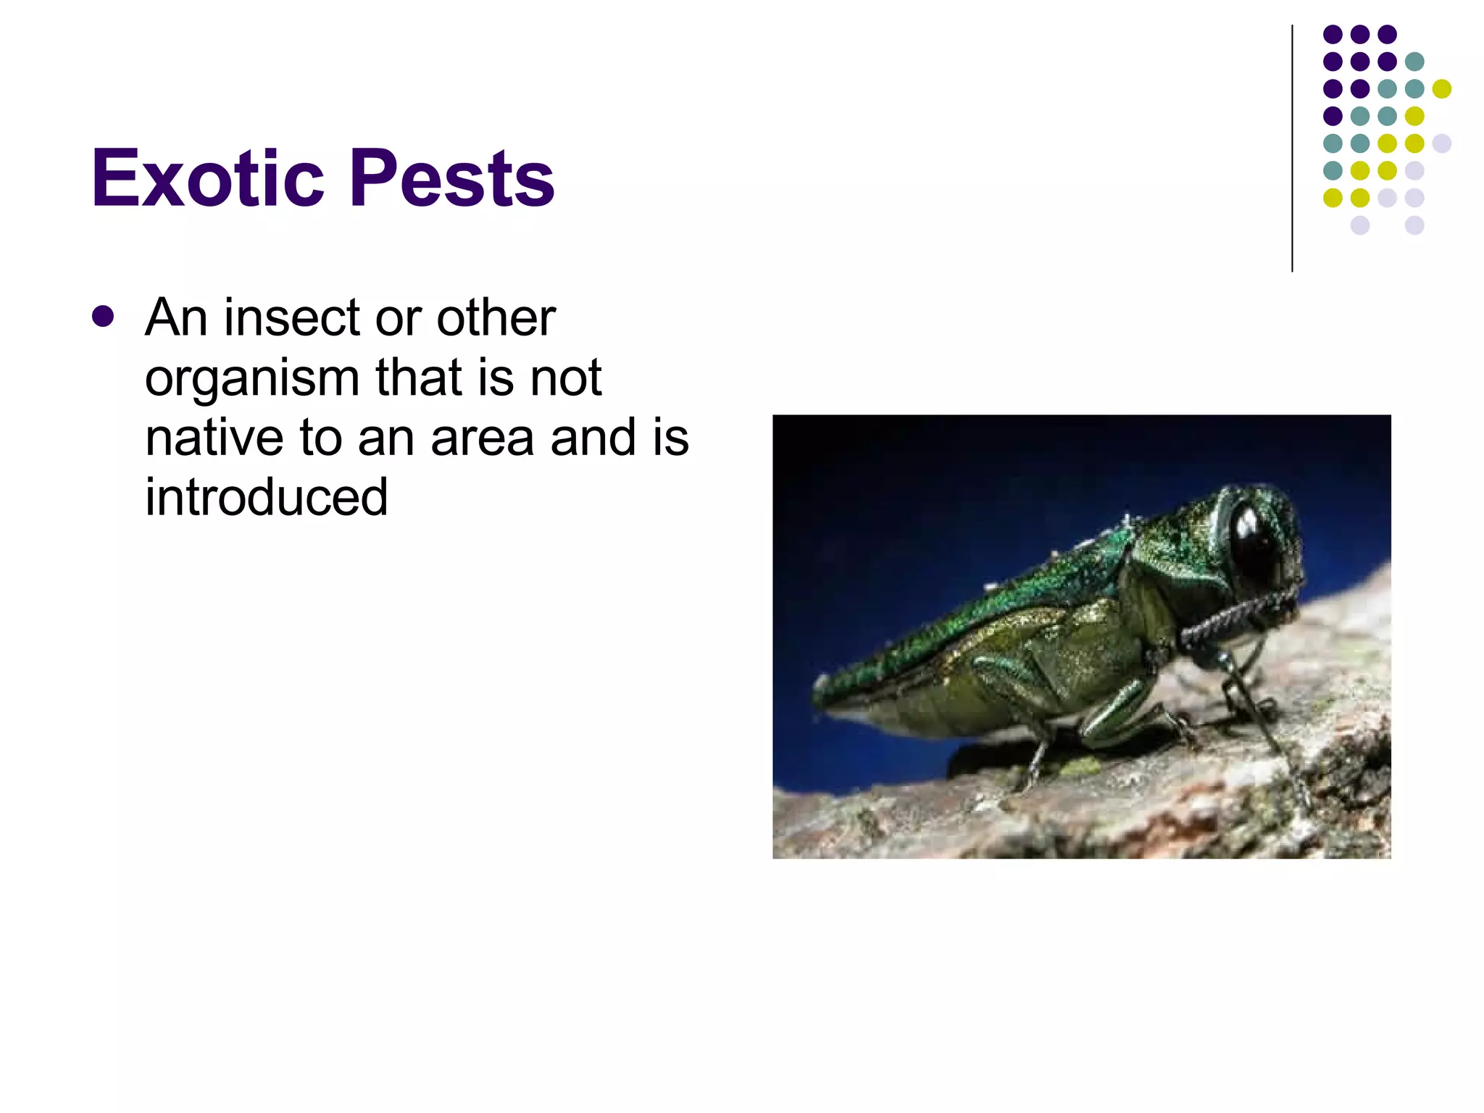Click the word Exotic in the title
click(x=207, y=178)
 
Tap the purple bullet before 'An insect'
click(x=103, y=317)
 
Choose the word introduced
click(x=266, y=498)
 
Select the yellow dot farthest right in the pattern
click(x=1441, y=88)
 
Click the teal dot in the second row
click(x=1414, y=62)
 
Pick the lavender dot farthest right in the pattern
click(x=1441, y=143)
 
